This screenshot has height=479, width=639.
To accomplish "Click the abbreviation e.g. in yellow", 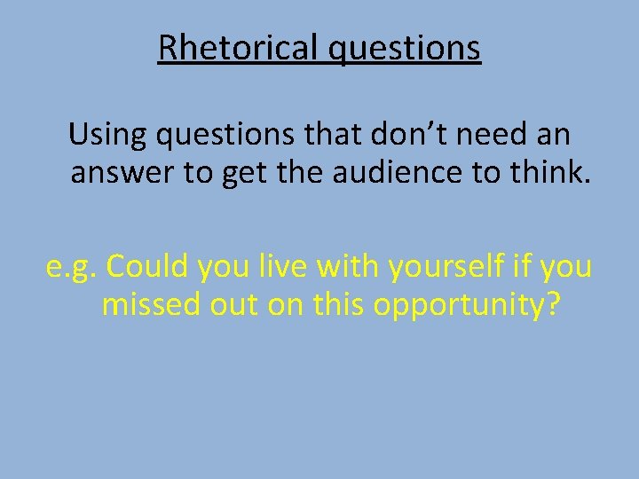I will coord(72,267).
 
